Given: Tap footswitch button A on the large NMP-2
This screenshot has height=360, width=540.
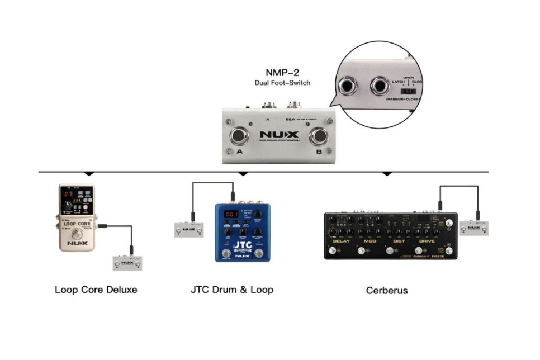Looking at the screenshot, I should pos(239,136).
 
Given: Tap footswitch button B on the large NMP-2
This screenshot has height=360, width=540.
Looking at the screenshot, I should pos(319,136).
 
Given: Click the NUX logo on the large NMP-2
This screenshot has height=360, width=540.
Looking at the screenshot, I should pos(279,135).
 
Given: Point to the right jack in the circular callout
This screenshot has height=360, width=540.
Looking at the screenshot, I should pos(382,86).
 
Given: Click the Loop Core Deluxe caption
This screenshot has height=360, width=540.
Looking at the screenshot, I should pos(96,290).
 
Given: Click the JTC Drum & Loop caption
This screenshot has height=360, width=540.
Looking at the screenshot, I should pos(232,290).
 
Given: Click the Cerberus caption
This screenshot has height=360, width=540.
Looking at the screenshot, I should pos(387,290).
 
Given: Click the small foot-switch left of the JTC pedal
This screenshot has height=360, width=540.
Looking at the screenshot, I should pos(185,229).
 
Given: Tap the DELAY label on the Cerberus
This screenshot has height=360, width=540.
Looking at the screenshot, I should pos(341,241).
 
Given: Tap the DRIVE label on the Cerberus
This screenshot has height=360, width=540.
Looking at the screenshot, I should pos(426,241).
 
